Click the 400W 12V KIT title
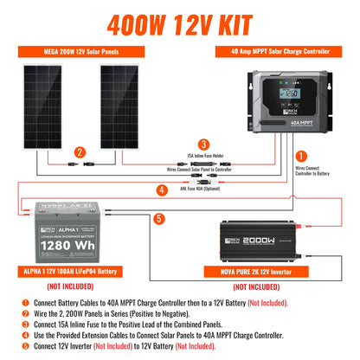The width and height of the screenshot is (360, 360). [x=179, y=18]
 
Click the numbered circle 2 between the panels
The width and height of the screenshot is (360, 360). [x=80, y=153]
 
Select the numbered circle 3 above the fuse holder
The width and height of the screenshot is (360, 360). [x=202, y=144]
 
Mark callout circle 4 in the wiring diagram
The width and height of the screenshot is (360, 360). [x=162, y=189]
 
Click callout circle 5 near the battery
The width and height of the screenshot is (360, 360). [x=158, y=218]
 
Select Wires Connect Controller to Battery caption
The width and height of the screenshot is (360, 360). [x=332, y=171]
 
